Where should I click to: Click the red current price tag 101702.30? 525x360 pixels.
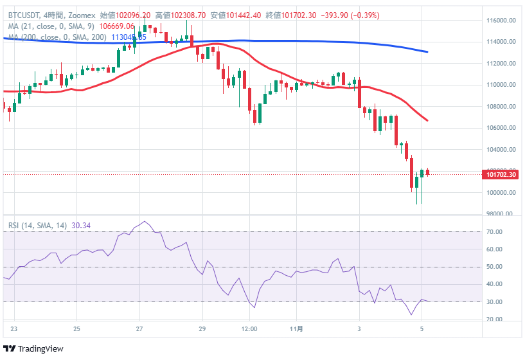[502, 174]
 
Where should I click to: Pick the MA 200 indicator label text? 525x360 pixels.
[58, 37]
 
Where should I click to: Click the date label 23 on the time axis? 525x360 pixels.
[14, 329]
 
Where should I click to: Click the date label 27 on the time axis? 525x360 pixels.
[139, 329]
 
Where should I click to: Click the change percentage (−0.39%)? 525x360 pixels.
[364, 15]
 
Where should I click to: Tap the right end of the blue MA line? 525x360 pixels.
[427, 52]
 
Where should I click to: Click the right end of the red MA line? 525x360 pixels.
[427, 120]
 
